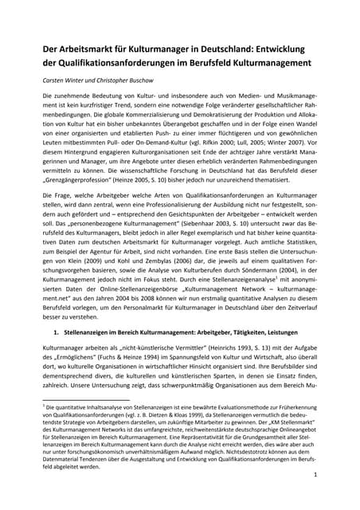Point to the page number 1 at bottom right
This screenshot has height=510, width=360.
(316, 474)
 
